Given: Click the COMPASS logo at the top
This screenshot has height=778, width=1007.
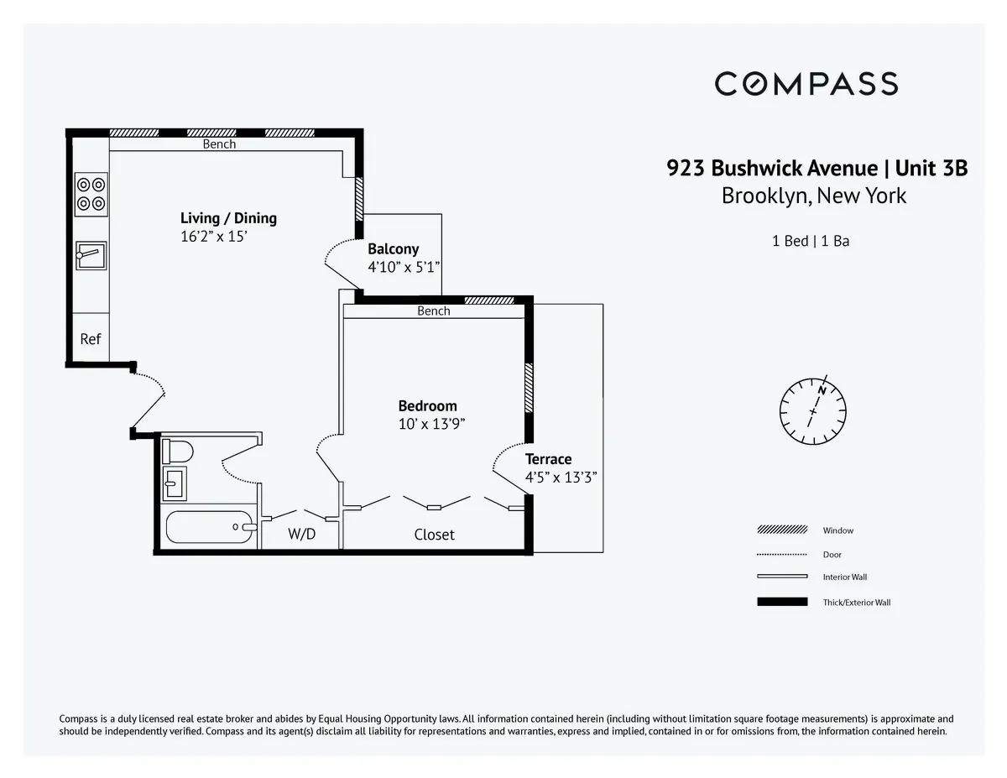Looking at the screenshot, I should [806, 84].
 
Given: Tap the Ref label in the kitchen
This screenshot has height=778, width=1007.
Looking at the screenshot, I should [90, 339].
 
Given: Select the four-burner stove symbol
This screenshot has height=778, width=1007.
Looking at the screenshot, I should [91, 193].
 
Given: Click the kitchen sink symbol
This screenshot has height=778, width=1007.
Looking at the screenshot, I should [91, 255].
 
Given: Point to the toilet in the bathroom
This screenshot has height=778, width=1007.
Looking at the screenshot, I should [177, 452].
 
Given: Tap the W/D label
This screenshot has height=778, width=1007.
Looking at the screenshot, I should [301, 534].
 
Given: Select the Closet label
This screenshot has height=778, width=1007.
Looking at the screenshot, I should [434, 534].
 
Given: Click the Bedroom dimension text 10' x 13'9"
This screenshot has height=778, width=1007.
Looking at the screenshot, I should [431, 424].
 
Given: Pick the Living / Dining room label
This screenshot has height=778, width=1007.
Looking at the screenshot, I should [228, 218].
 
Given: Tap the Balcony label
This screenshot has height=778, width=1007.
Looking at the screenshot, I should [393, 249].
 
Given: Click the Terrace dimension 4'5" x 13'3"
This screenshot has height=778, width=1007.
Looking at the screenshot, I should [561, 478].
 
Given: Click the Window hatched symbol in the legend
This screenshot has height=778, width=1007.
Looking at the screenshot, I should [782, 530].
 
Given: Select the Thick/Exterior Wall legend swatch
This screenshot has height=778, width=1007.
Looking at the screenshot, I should [782, 602].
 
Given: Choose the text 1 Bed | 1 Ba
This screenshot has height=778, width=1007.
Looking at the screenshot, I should [810, 241].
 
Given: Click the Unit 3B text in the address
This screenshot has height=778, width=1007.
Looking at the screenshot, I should [931, 169].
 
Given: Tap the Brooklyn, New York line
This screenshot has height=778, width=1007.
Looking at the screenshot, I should [813, 196].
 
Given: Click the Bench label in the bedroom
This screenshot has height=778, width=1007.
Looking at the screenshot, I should [433, 311].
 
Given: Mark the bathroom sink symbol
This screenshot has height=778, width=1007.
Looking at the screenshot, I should [174, 483].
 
